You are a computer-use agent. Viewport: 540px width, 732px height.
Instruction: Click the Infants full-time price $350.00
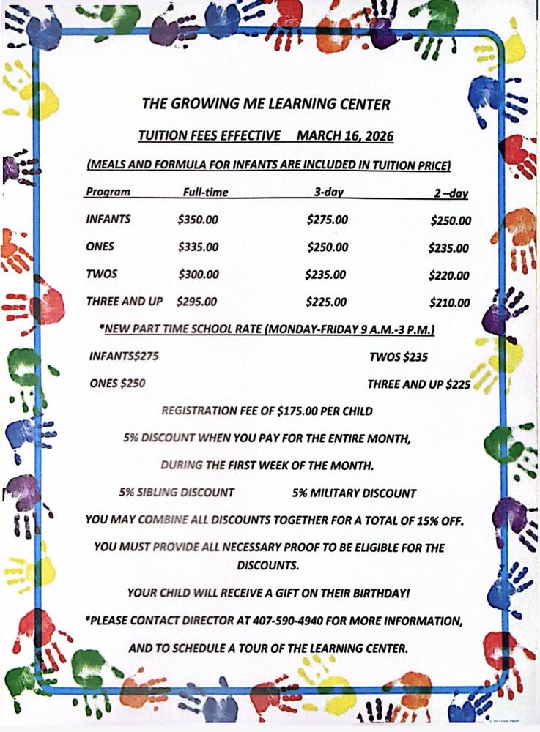pos(198,220)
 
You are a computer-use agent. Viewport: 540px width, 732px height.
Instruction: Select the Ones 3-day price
pos(328,247)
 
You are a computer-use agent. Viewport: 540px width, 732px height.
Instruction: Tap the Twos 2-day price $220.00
pos(449,276)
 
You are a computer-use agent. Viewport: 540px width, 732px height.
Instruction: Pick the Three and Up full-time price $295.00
pos(197,301)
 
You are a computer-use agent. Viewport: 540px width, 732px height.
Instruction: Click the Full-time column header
pos(205,193)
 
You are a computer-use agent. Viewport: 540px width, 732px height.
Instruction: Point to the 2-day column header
pos(451,194)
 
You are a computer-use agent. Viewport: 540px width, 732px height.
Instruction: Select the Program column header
pos(108,193)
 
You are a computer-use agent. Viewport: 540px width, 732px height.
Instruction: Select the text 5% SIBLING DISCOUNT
pos(177,493)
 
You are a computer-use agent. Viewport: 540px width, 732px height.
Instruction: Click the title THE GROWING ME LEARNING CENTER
pos(266,104)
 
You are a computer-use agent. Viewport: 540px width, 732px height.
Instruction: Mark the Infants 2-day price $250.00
pos(451,220)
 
